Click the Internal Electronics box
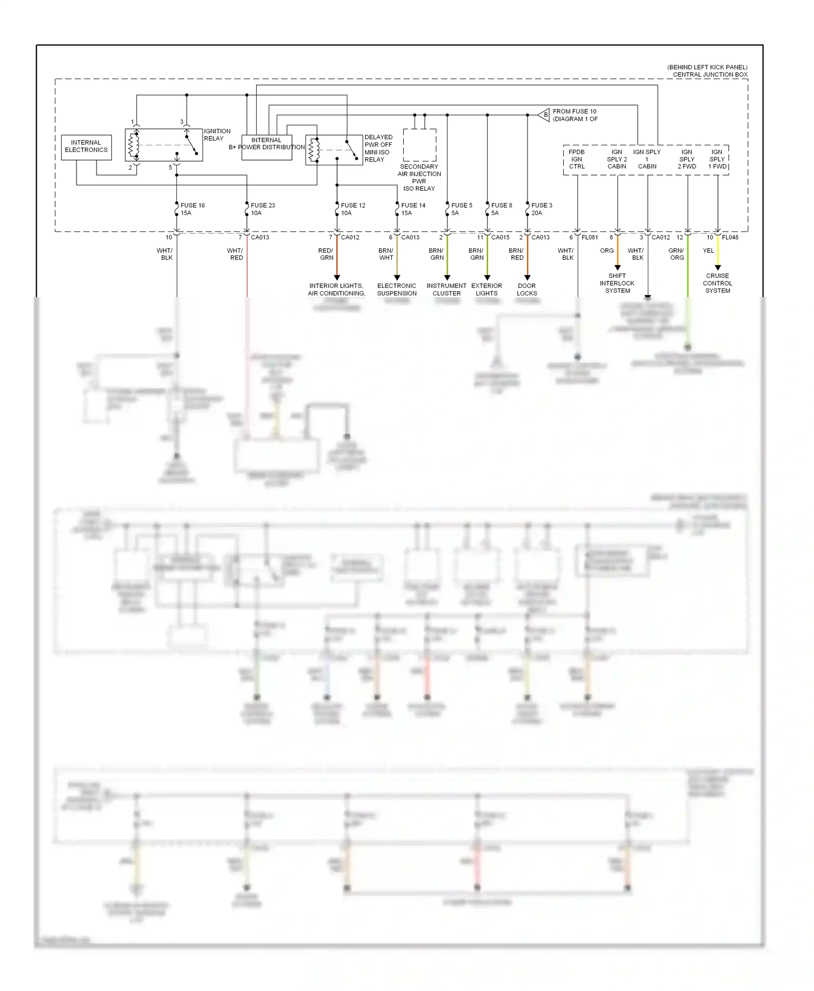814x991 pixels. tap(86, 147)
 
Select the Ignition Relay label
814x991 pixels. tap(217, 134)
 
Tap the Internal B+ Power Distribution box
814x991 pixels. tap(266, 147)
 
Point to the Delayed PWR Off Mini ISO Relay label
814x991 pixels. tap(378, 148)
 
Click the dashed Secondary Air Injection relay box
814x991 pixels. tap(419, 145)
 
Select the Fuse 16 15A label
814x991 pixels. tap(192, 209)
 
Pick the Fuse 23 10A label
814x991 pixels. tap(263, 209)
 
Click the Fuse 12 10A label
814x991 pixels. tap(353, 209)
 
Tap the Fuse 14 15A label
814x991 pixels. tap(413, 209)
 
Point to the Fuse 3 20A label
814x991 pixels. tap(542, 209)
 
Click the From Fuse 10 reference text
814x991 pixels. tap(575, 115)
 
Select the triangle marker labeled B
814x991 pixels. tap(544, 115)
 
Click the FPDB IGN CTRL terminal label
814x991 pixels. tap(576, 159)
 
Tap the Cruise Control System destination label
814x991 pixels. tap(717, 283)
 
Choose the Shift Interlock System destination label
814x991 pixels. tap(617, 283)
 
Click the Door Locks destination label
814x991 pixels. tap(526, 289)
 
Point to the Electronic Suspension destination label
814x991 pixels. tap(397, 289)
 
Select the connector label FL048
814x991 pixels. tap(730, 237)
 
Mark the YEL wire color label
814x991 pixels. tap(708, 250)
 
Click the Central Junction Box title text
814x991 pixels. tap(710, 75)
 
